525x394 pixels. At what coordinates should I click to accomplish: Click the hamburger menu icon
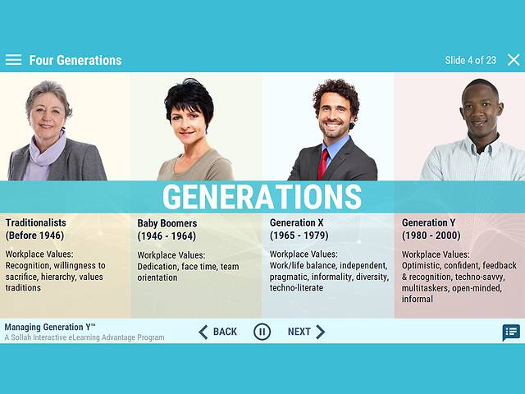pos(13,60)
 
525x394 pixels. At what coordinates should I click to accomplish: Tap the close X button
pos(514,60)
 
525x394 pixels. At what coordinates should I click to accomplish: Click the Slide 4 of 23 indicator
pos(470,60)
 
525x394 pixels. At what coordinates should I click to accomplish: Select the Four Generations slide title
pos(75,60)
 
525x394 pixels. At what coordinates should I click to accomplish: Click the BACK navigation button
pos(217,332)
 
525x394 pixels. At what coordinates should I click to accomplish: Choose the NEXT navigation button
pos(306,332)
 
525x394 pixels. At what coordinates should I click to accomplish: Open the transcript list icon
pos(511,332)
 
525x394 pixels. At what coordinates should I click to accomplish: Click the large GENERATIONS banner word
pos(262,197)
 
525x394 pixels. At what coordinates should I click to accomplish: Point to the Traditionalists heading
pos(36,222)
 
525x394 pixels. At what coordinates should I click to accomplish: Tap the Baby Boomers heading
pos(167,223)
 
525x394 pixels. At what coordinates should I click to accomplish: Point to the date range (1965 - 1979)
pos(299,236)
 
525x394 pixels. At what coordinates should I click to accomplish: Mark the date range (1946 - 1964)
pos(167,236)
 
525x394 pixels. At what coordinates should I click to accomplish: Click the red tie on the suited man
pos(323,162)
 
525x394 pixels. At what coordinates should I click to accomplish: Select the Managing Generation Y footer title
pos(51,327)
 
